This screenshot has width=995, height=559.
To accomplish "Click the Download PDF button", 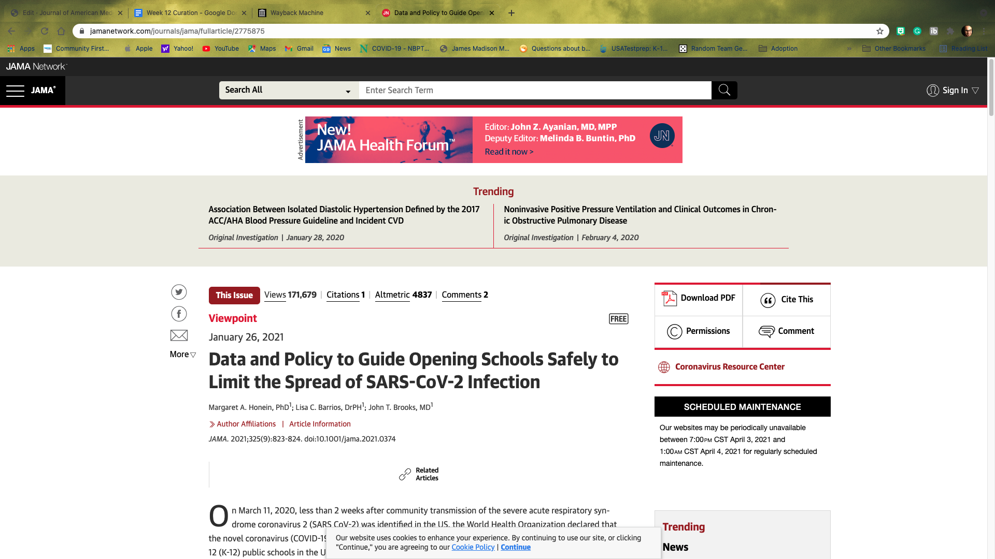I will (699, 298).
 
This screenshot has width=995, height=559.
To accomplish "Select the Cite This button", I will (787, 300).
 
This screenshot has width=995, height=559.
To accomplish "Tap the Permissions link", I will (699, 331).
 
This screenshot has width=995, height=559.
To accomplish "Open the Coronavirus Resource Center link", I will (729, 367).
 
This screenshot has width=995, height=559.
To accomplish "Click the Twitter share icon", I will (179, 292).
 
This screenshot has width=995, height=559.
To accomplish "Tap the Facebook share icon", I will (179, 314).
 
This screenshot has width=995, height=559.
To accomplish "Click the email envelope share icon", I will (179, 335).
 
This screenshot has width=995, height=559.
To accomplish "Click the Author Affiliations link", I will (246, 424).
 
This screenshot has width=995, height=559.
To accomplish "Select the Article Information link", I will (320, 424).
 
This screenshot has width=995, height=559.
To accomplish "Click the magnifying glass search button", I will (724, 91).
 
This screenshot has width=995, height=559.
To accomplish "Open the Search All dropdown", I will (289, 91).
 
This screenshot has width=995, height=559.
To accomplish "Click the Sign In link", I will (953, 91).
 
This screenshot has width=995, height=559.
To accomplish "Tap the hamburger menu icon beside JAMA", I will (15, 91).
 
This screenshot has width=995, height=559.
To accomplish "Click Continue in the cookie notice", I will (515, 548).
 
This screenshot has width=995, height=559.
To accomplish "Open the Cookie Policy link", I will (473, 548).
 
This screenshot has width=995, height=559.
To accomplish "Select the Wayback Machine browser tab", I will (297, 13).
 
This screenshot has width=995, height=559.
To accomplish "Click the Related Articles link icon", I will (405, 474).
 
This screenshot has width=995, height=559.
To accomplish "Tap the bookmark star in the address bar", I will (880, 31).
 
